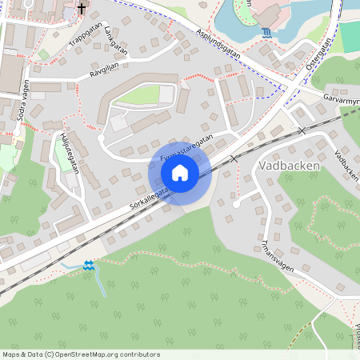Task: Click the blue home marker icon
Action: tap(180, 172)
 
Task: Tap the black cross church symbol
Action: tap(82, 9)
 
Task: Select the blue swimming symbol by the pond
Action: tap(266, 32)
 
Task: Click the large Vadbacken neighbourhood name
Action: tap(290, 166)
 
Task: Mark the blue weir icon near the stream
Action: tap(88, 265)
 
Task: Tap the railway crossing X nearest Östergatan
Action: tap(301, 130)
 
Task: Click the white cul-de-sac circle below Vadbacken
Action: tap(236, 204)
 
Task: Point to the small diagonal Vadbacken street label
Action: tap(347, 164)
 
